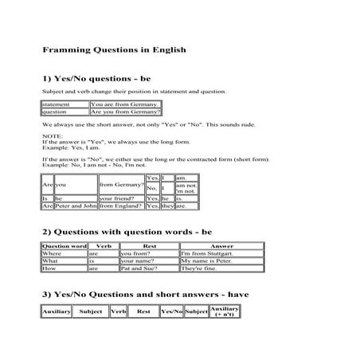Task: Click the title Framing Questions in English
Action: pyautogui.click(x=114, y=49)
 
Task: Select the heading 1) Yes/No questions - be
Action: pyautogui.click(x=96, y=80)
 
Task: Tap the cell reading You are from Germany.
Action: pyautogui.click(x=126, y=104)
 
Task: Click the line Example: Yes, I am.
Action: pyautogui.click(x=72, y=147)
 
